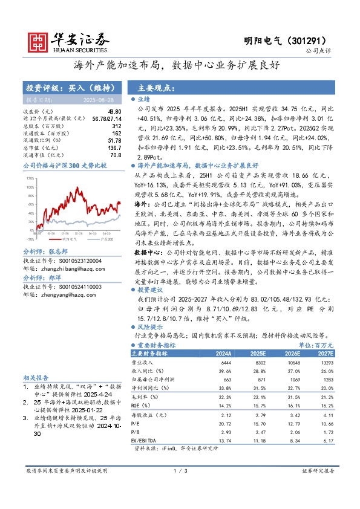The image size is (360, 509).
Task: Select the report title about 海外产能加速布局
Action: pyautogui.click(x=180, y=65)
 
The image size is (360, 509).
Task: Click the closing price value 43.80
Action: pyautogui.click(x=115, y=112)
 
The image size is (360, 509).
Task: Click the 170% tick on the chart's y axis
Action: pyautogui.click(x=29, y=179)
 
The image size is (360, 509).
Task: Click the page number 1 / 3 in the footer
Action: pyautogui.click(x=180, y=470)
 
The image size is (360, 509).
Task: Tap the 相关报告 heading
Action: pyautogui.click(x=36, y=376)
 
